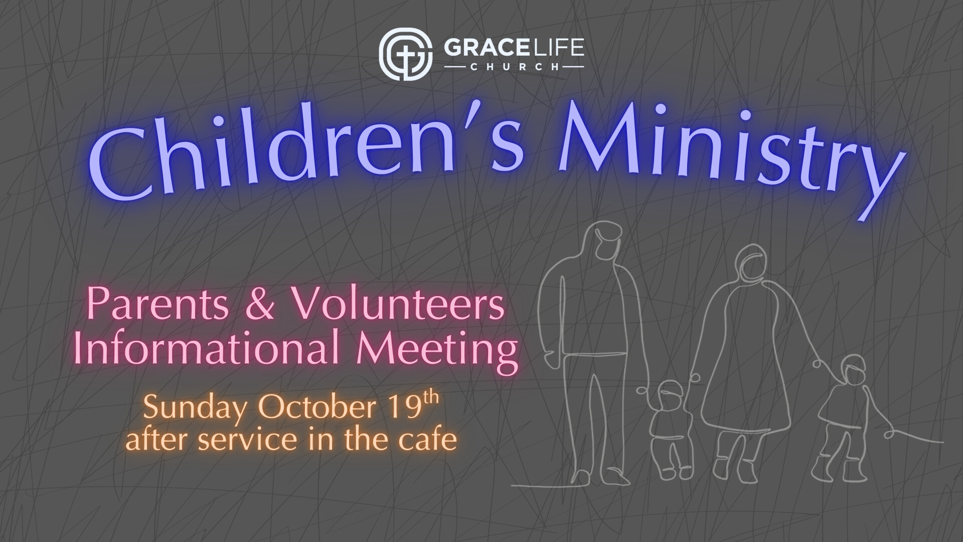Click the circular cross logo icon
pos(405,54)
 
